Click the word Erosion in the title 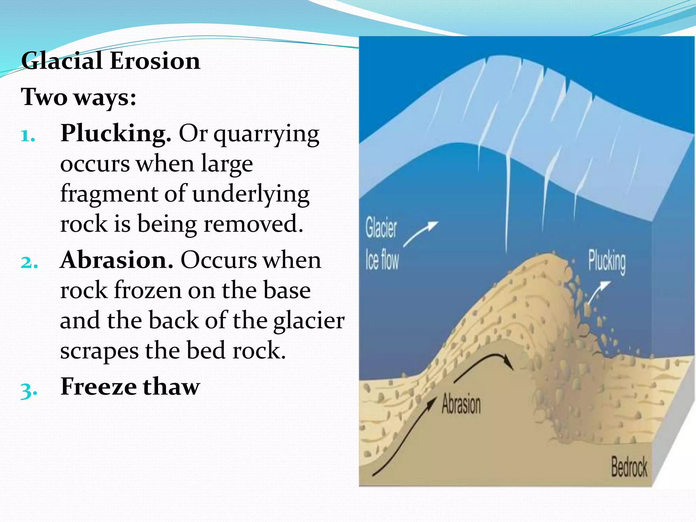pyautogui.click(x=155, y=61)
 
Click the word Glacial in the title pyautogui.click(x=62, y=61)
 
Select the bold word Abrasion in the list pyautogui.click(x=117, y=260)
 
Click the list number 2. pyautogui.click(x=29, y=263)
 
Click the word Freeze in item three pyautogui.click(x=98, y=387)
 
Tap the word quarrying pyautogui.click(x=266, y=135)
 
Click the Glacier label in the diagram pyautogui.click(x=381, y=228)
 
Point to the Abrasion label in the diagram pyautogui.click(x=461, y=404)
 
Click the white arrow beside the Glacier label pyautogui.click(x=421, y=233)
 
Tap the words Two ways pyautogui.click(x=79, y=98)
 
